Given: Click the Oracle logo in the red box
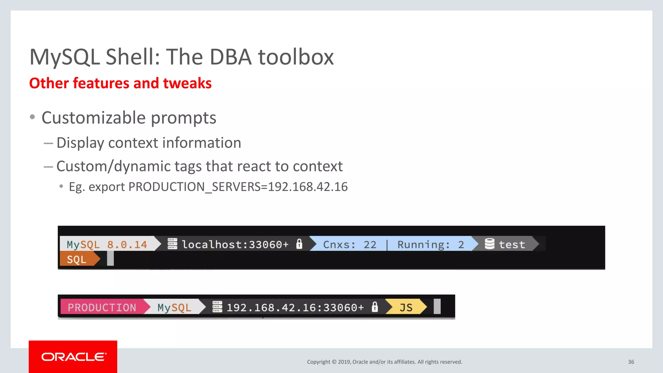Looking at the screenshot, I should coord(73,357).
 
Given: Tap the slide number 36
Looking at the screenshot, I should coord(631,362).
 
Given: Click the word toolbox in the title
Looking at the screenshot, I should coord(296,57).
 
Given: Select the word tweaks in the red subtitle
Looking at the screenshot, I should coord(187,83).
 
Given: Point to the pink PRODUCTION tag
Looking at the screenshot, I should coord(102,307).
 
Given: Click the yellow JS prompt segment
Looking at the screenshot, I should coord(406,307).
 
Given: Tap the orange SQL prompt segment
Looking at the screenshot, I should coord(77,260).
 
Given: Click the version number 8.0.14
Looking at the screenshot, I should coord(127,244).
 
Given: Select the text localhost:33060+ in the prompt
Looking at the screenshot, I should coord(235,244).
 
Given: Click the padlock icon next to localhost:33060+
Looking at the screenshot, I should coord(299,244).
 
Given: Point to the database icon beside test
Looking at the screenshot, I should coord(489,244).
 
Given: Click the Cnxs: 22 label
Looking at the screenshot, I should coord(350,244).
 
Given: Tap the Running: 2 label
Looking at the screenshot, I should coord(430,244).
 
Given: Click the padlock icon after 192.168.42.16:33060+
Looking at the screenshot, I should coord(375,307).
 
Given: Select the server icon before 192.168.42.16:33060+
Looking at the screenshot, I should coord(217,307).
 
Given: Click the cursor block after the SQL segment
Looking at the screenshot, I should coord(110,259).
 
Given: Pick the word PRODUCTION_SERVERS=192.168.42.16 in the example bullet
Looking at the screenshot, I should coord(238,187).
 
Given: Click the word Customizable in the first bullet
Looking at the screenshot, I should coord(93,118).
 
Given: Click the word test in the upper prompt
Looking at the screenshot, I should coord(511,244).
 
